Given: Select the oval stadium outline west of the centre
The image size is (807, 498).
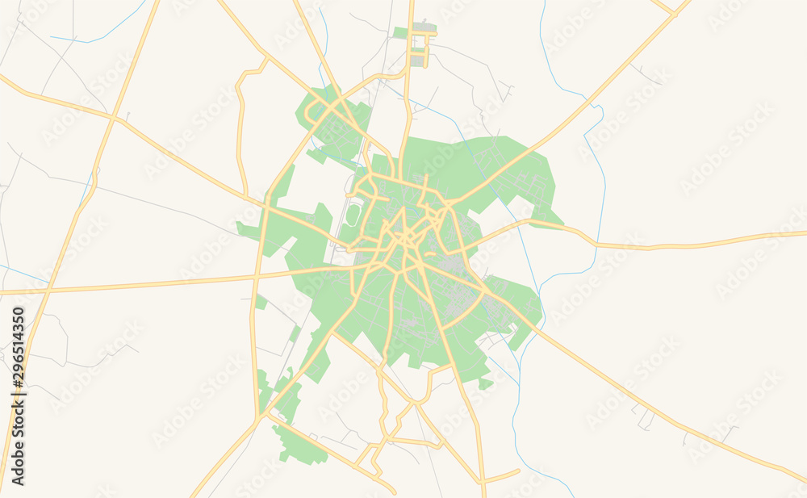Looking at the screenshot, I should (x=353, y=215).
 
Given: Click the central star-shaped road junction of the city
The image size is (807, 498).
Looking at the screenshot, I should (x=403, y=238).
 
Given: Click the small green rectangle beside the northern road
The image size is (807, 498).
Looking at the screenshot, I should (x=401, y=33).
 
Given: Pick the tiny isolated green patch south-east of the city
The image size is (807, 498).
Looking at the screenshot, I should (x=485, y=384).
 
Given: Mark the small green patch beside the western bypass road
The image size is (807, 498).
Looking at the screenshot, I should (x=261, y=302).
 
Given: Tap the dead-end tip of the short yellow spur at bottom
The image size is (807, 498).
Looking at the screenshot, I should (x=518, y=470).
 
